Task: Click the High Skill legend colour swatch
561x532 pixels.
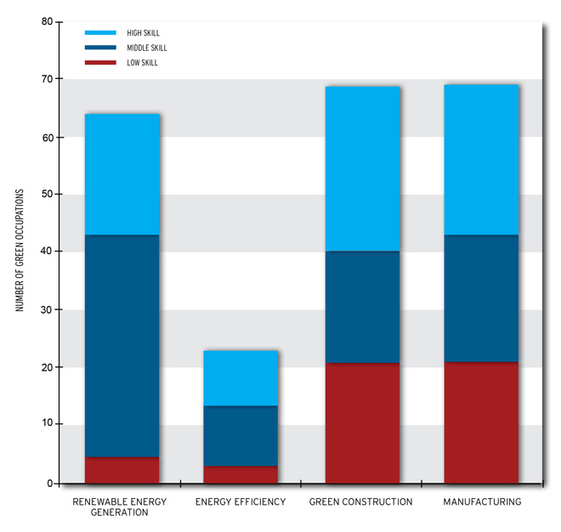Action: point(99,33)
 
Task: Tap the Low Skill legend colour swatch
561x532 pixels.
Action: point(99,63)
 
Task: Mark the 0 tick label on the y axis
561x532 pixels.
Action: point(48,484)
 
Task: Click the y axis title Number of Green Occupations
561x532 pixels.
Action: point(20,251)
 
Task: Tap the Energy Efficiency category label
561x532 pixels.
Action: point(241,502)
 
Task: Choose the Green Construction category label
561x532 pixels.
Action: point(360,502)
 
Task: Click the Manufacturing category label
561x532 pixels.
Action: point(482,502)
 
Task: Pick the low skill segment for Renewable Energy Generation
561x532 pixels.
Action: point(122,470)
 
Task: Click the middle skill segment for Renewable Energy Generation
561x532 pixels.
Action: point(122,346)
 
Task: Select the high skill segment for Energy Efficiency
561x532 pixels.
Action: point(241,378)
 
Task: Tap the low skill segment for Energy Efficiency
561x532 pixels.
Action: point(241,474)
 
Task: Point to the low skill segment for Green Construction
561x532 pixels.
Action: point(362,423)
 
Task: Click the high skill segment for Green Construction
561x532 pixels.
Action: point(362,168)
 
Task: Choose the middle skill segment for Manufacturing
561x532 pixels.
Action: point(481,298)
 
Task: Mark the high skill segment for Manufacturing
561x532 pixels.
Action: point(481,160)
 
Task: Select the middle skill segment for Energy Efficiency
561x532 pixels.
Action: point(241,436)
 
